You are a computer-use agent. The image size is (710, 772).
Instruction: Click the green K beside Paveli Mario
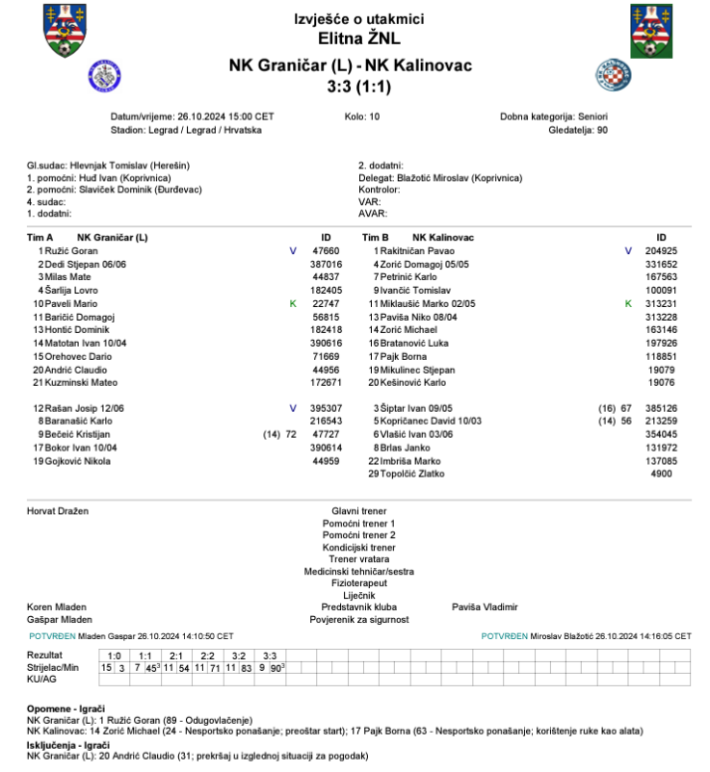pyautogui.click(x=293, y=303)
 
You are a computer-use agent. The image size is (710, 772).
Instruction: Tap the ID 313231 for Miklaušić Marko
pyautogui.click(x=661, y=303)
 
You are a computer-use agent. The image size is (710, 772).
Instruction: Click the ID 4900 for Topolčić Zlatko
pyautogui.click(x=662, y=475)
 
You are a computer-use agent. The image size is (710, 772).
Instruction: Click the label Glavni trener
pyautogui.click(x=358, y=511)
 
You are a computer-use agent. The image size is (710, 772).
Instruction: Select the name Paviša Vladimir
pyautogui.click(x=485, y=607)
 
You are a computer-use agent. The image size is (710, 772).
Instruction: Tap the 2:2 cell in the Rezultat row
pyautogui.click(x=208, y=656)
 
